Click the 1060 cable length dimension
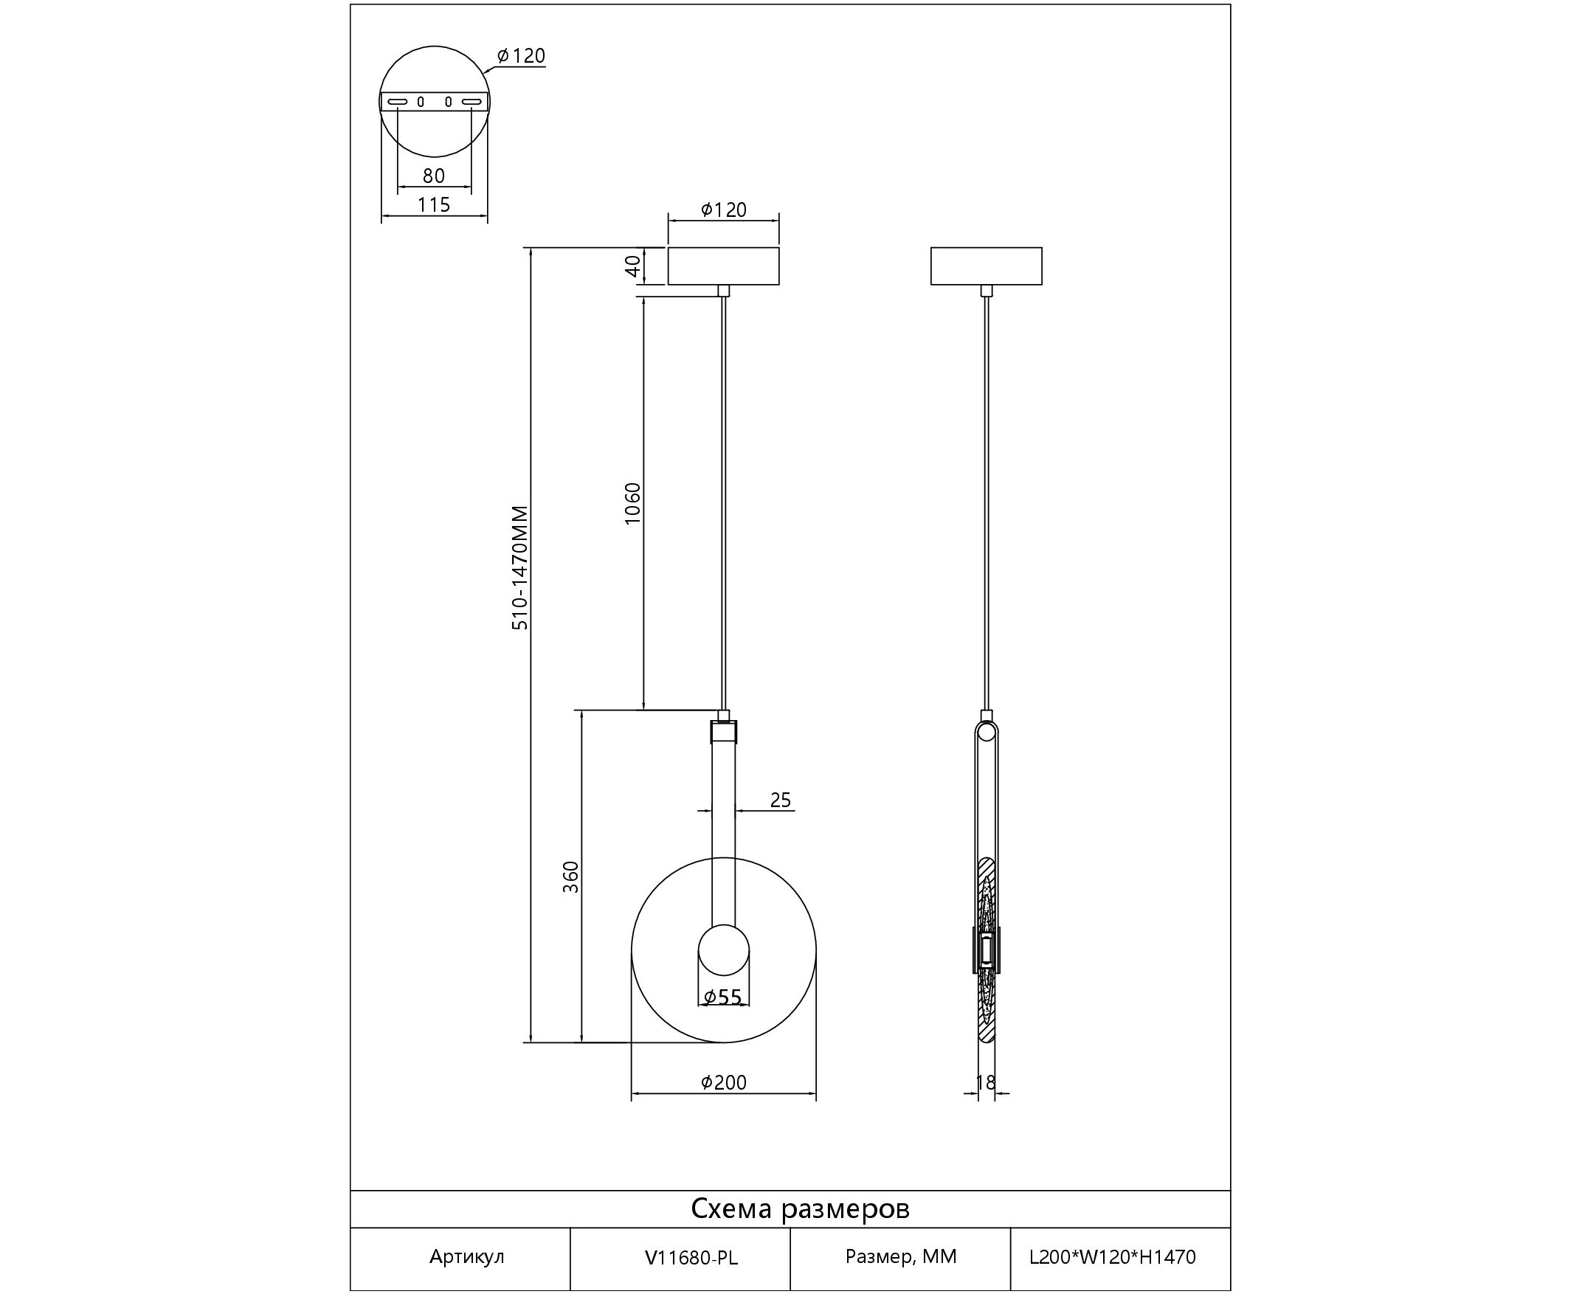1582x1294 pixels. [x=632, y=504]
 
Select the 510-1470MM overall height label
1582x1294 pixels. [x=519, y=568]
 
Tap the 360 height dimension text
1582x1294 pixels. [x=570, y=877]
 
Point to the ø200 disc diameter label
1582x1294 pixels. [x=723, y=1082]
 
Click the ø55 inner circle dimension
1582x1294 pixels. [x=723, y=997]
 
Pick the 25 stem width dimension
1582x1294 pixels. [x=780, y=800]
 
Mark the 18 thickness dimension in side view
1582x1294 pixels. [x=986, y=1082]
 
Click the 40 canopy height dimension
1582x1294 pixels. [x=632, y=266]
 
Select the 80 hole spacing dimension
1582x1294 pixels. [x=434, y=176]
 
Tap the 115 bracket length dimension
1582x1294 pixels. [x=434, y=204]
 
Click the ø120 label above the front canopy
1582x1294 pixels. [x=723, y=210]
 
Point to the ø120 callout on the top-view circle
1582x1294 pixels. [x=521, y=56]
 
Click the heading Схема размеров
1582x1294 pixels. [x=800, y=1208]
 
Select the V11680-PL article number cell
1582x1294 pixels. [x=691, y=1257]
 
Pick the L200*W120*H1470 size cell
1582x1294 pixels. [x=1112, y=1257]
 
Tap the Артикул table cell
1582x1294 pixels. [x=466, y=1257]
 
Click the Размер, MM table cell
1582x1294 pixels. [x=901, y=1257]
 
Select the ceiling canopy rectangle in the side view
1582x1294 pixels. [x=987, y=266]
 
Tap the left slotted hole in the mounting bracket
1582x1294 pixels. [x=398, y=101]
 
